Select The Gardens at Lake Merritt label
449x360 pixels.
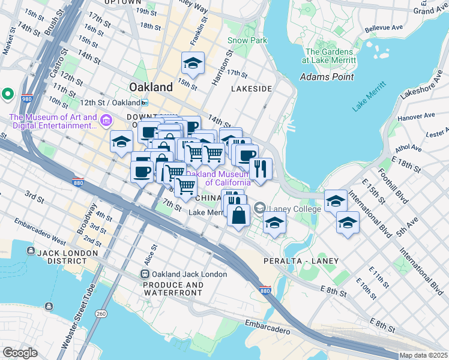(330, 56)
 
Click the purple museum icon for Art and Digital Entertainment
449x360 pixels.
(107, 121)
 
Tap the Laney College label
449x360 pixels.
(288, 209)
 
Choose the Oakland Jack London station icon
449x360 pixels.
(145, 274)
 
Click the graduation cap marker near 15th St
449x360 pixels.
(193, 63)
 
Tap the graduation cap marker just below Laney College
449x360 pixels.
(274, 223)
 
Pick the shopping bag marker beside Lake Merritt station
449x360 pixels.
(239, 215)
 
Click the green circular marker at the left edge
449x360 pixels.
(8, 94)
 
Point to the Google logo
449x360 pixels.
(20, 353)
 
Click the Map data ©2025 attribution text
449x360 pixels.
(423, 355)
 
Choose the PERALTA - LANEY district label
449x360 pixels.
(301, 261)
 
